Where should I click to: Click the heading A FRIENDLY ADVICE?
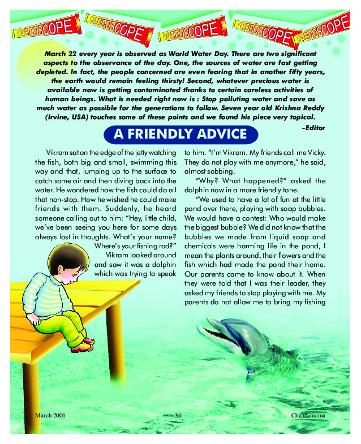pos(180,135)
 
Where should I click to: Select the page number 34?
pos(180,416)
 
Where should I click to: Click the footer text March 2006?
pos(50,416)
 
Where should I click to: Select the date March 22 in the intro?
pos(58,51)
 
